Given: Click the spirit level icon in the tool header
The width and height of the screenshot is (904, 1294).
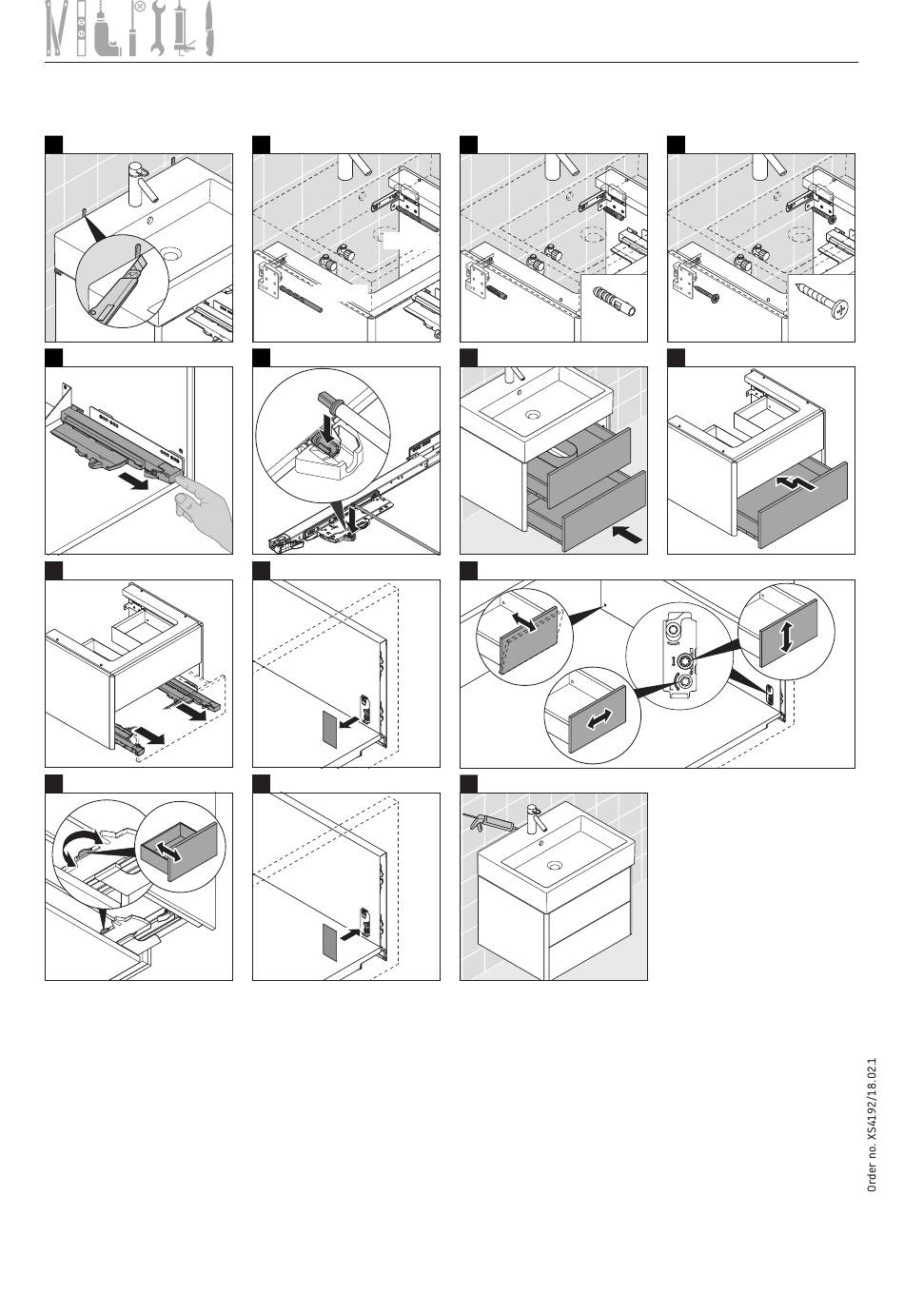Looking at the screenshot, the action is tap(82, 29).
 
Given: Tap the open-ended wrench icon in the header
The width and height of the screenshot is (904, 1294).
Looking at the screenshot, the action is tap(157, 29).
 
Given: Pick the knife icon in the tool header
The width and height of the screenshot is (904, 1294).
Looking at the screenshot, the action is tap(209, 29).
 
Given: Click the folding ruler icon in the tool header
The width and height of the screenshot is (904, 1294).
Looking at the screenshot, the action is tap(56, 29).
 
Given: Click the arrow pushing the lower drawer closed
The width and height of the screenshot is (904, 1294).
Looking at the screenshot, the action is tap(627, 534).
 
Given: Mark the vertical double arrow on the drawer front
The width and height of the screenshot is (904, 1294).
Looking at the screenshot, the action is tap(786, 639).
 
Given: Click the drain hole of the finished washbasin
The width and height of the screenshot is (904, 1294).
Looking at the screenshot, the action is tap(555, 866).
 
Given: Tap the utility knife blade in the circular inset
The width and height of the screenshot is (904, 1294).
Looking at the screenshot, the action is tap(138, 266).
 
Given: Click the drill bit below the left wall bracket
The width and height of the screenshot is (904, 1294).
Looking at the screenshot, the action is tap(302, 300).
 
